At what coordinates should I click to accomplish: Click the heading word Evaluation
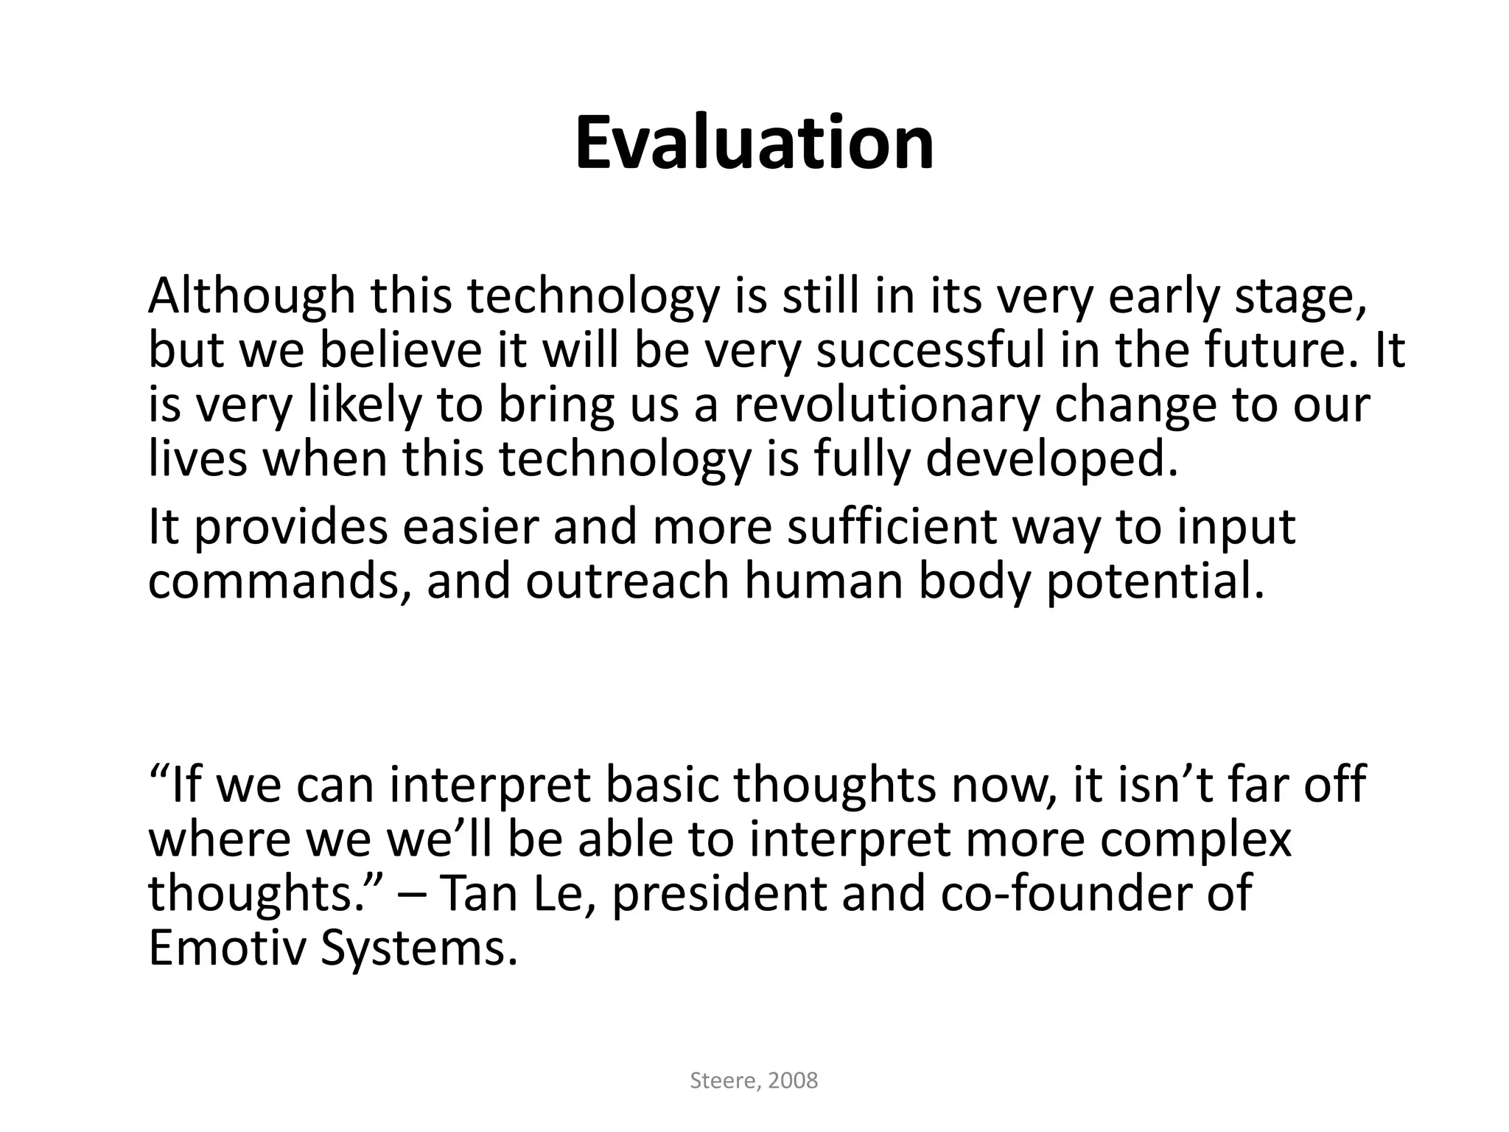point(754,143)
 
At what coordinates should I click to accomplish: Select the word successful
point(931,351)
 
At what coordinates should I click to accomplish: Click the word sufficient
point(892,528)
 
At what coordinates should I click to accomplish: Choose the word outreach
point(628,582)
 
